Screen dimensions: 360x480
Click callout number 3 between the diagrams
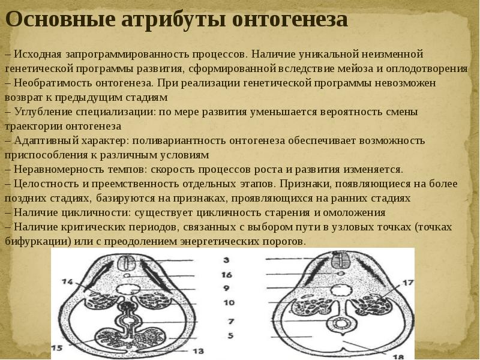click(227, 260)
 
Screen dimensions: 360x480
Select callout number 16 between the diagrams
click(227, 274)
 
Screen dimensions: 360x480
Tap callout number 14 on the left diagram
click(67, 281)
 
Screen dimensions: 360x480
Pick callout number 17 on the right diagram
click(409, 283)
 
